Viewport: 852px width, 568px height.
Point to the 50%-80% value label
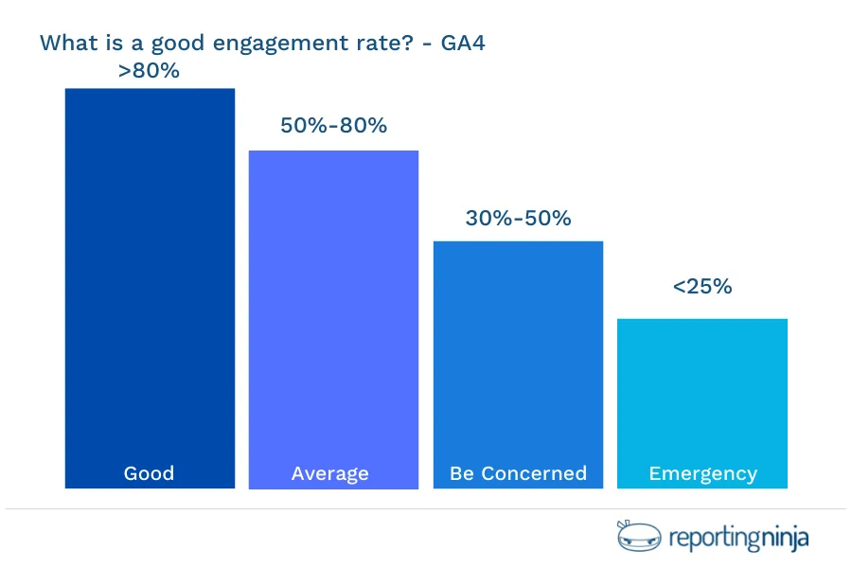click(333, 125)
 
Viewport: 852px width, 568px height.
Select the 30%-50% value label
click(518, 218)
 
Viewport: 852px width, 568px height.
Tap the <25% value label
click(702, 286)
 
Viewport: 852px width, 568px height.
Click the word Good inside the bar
click(150, 473)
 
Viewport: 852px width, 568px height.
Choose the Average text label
click(330, 473)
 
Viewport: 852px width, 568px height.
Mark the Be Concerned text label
click(518, 473)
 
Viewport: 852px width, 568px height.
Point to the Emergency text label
click(702, 473)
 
